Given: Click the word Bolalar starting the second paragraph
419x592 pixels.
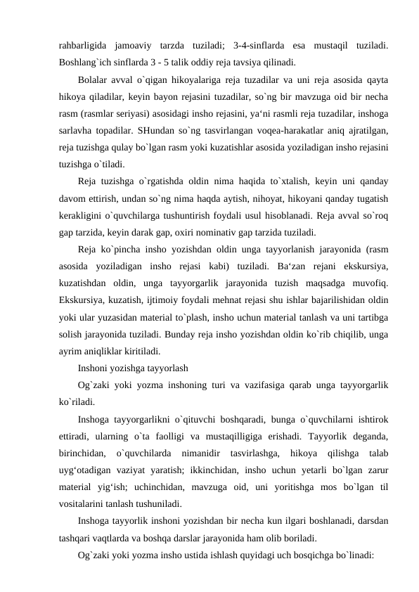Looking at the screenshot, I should pyautogui.click(x=94, y=79).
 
